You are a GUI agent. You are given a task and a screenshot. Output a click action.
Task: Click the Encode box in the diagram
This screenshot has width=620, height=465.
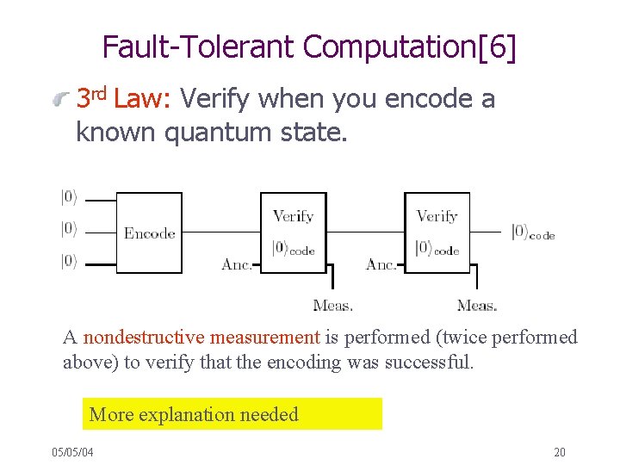(x=149, y=232)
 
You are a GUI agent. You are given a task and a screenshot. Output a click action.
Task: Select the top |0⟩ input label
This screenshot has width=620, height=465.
(x=69, y=197)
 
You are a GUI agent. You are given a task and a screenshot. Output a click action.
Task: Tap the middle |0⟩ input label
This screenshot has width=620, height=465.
(x=69, y=229)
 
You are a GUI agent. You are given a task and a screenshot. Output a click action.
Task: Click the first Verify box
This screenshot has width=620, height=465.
(x=294, y=232)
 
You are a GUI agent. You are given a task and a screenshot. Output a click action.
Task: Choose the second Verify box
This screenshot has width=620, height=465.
(x=437, y=232)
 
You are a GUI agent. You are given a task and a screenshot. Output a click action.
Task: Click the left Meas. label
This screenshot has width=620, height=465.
(x=333, y=305)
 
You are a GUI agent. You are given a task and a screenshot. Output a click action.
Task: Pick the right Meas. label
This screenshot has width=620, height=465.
(x=477, y=305)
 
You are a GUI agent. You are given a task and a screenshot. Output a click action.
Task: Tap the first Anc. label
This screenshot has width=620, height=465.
(x=237, y=264)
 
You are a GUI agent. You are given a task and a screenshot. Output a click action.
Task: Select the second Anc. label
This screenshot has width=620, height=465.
(x=381, y=264)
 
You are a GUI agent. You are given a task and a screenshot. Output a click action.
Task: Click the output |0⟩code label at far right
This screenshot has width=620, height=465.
(x=532, y=232)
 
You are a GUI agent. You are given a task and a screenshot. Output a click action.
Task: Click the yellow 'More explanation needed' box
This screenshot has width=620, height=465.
(x=232, y=414)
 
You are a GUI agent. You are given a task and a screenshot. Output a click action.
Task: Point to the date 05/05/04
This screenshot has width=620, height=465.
(x=72, y=452)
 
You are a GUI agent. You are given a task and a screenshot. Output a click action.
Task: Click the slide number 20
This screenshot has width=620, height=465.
(x=560, y=452)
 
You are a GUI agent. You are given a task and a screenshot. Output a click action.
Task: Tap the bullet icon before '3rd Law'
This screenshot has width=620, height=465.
(x=59, y=100)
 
